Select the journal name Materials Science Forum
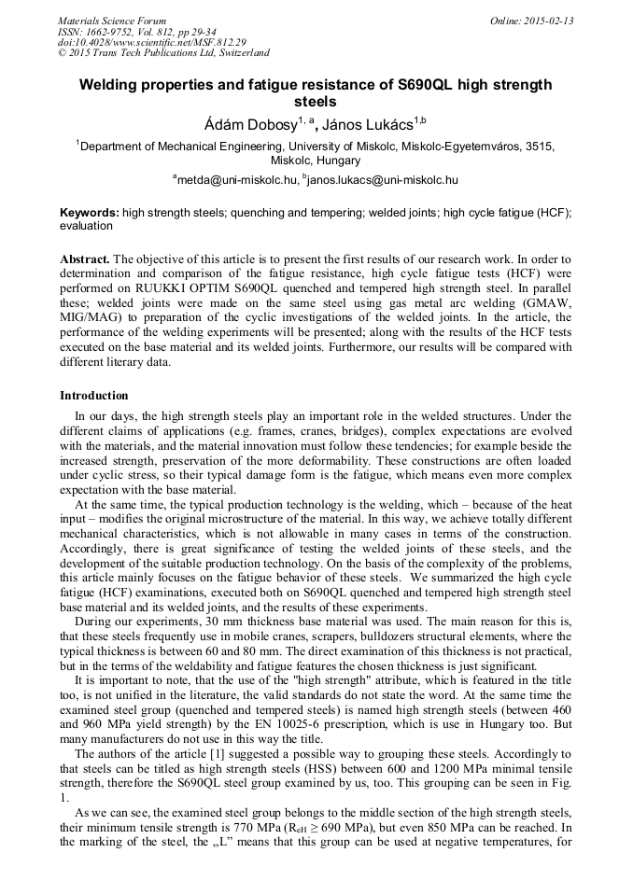(x=112, y=21)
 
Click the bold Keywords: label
(x=90, y=213)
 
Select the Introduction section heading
(x=94, y=396)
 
